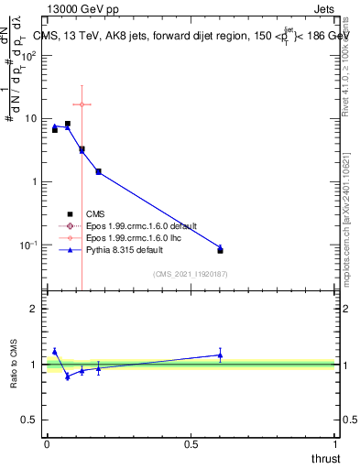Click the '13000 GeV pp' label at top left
click(x=80, y=8)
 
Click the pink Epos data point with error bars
click(x=82, y=104)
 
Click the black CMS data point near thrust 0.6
click(x=220, y=250)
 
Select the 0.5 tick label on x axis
click(x=191, y=444)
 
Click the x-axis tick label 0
click(x=47, y=444)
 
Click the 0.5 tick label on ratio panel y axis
click(x=31, y=420)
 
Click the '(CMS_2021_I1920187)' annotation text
click(x=190, y=274)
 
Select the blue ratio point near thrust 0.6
click(x=220, y=354)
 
